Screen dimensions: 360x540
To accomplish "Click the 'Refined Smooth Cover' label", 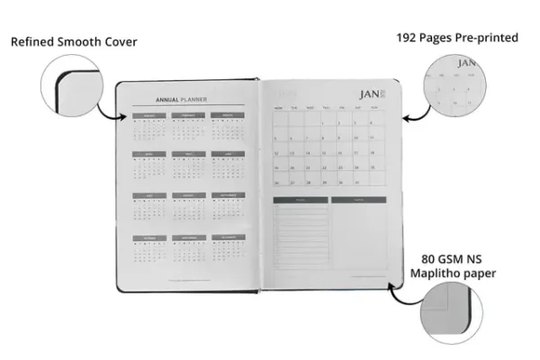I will click(x=74, y=42).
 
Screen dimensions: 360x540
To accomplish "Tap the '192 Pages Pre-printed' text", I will click(x=456, y=38).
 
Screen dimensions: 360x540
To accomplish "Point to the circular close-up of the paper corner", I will click(x=460, y=314).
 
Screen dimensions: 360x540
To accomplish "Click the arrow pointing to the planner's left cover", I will click(x=111, y=112).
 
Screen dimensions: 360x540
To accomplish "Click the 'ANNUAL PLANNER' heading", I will click(x=182, y=100).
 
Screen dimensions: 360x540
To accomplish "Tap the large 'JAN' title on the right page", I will click(x=369, y=94).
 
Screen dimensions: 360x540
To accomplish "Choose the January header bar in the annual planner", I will click(x=149, y=116).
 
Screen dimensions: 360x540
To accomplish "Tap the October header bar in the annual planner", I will click(x=149, y=238).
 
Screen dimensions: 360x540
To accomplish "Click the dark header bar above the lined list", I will click(x=301, y=200).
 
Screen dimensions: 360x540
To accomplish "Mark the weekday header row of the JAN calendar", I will click(x=329, y=108).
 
